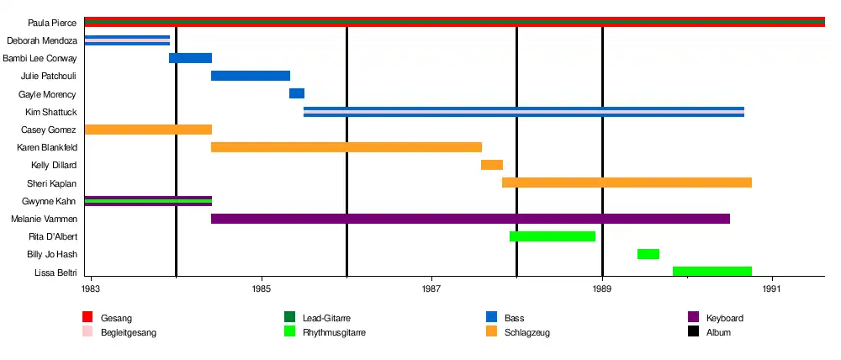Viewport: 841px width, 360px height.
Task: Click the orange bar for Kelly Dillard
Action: tap(492, 165)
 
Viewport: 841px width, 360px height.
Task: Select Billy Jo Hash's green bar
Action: tap(648, 254)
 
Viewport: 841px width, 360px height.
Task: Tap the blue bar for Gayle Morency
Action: tap(297, 93)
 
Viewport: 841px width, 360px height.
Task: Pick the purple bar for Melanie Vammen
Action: tap(470, 219)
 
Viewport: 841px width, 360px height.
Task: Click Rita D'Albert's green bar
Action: tap(553, 236)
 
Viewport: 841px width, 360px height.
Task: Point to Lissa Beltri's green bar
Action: tap(711, 272)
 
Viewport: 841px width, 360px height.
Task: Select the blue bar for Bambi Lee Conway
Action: tap(190, 58)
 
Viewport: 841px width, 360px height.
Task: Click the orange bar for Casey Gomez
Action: tap(148, 130)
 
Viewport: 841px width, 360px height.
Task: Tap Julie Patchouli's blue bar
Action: tap(251, 76)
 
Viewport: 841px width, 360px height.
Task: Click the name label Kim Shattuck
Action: tap(50, 112)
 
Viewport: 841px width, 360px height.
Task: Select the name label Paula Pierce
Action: tap(52, 23)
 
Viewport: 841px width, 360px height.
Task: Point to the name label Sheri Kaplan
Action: tap(51, 183)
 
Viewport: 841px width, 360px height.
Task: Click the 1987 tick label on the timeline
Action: tap(431, 289)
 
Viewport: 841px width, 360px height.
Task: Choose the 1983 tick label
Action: tap(92, 289)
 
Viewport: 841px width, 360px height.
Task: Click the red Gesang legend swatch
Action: tap(87, 318)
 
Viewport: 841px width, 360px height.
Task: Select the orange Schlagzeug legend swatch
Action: tap(492, 332)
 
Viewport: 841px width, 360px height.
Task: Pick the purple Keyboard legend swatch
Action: tap(694, 318)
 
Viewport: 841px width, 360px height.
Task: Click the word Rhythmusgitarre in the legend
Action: tap(334, 332)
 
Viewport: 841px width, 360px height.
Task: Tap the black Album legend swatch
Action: tap(694, 332)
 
